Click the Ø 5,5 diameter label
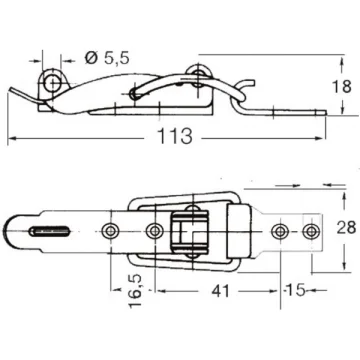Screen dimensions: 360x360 tap(107, 58)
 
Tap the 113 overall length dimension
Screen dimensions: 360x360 tap(175, 137)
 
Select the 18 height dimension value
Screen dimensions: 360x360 tap(342, 87)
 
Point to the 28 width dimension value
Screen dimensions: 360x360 tap(346, 228)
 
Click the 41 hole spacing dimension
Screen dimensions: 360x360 tap(220, 291)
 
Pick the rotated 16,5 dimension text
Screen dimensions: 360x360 tap(135, 291)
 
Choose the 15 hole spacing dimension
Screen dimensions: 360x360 tap(296, 290)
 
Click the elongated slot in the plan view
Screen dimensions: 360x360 tap(49, 231)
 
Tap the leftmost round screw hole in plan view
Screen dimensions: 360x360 tap(110, 231)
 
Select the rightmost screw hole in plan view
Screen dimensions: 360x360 tap(311, 231)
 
